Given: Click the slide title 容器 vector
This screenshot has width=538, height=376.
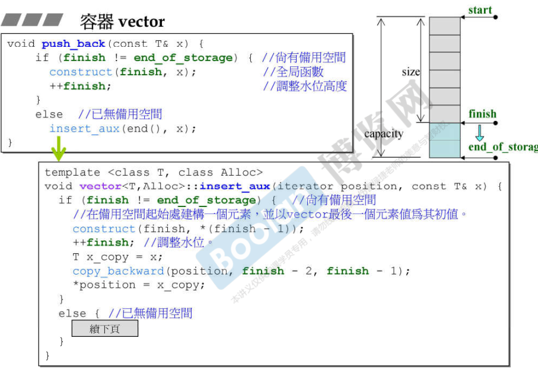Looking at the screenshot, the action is point(122,22).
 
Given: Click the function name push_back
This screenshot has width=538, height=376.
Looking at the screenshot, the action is point(73,44).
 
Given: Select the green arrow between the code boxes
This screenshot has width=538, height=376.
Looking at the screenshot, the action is point(58,149).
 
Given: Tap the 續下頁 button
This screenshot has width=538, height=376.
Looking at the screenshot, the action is point(104,329).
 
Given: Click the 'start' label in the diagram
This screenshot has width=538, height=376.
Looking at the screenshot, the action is point(480,10).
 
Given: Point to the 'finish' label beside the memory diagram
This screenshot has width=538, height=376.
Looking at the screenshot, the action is point(482,114).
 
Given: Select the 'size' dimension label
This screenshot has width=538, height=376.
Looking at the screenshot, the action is point(410,72).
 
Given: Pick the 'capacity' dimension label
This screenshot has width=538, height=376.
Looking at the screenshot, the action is point(383,133).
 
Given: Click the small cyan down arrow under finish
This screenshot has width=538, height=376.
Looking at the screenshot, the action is point(479,132).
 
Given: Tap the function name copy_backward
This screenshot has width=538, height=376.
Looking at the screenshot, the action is point(118,271).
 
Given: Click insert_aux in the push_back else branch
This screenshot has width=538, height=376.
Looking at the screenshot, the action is point(84,129).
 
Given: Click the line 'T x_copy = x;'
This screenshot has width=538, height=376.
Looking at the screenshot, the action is point(117,257).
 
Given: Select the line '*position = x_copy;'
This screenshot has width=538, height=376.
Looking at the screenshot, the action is point(139,285).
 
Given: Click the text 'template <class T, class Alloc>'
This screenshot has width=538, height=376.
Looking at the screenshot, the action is point(153,172).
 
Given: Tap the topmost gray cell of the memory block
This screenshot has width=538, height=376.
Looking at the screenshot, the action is point(444,26).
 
